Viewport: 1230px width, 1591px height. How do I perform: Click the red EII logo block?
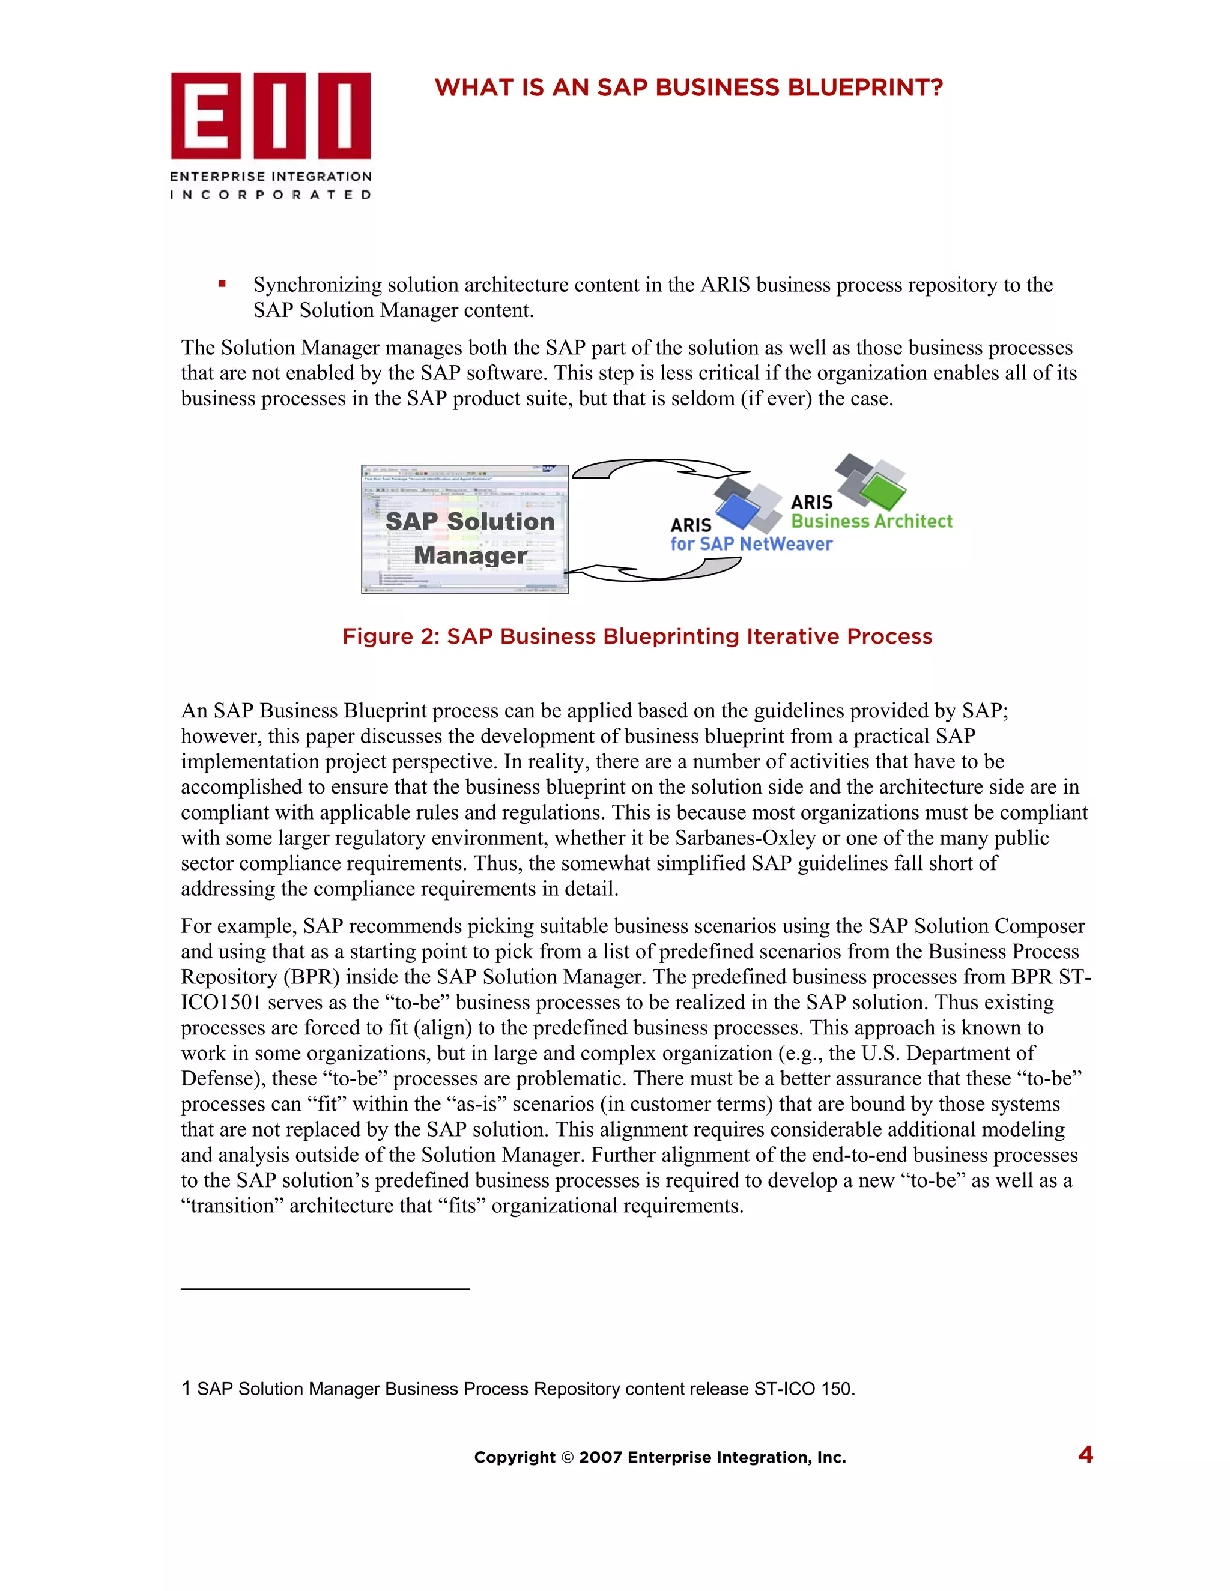click(x=270, y=115)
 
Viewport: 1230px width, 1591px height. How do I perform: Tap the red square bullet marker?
click(x=222, y=284)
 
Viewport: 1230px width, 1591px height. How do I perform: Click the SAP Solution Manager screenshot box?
click(x=464, y=530)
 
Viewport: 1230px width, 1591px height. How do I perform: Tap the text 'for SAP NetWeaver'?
click(x=751, y=544)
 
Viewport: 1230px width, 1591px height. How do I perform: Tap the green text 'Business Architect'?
click(x=871, y=521)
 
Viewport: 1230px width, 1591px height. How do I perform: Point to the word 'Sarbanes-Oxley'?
click(x=745, y=838)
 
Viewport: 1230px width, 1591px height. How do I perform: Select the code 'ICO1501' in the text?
click(x=221, y=1003)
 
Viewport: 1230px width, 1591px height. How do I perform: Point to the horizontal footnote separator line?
click(x=325, y=1290)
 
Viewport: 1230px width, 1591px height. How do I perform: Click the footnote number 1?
click(x=187, y=1389)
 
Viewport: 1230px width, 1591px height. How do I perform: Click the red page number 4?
click(x=1085, y=1455)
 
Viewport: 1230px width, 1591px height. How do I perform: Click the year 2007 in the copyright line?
click(x=601, y=1458)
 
